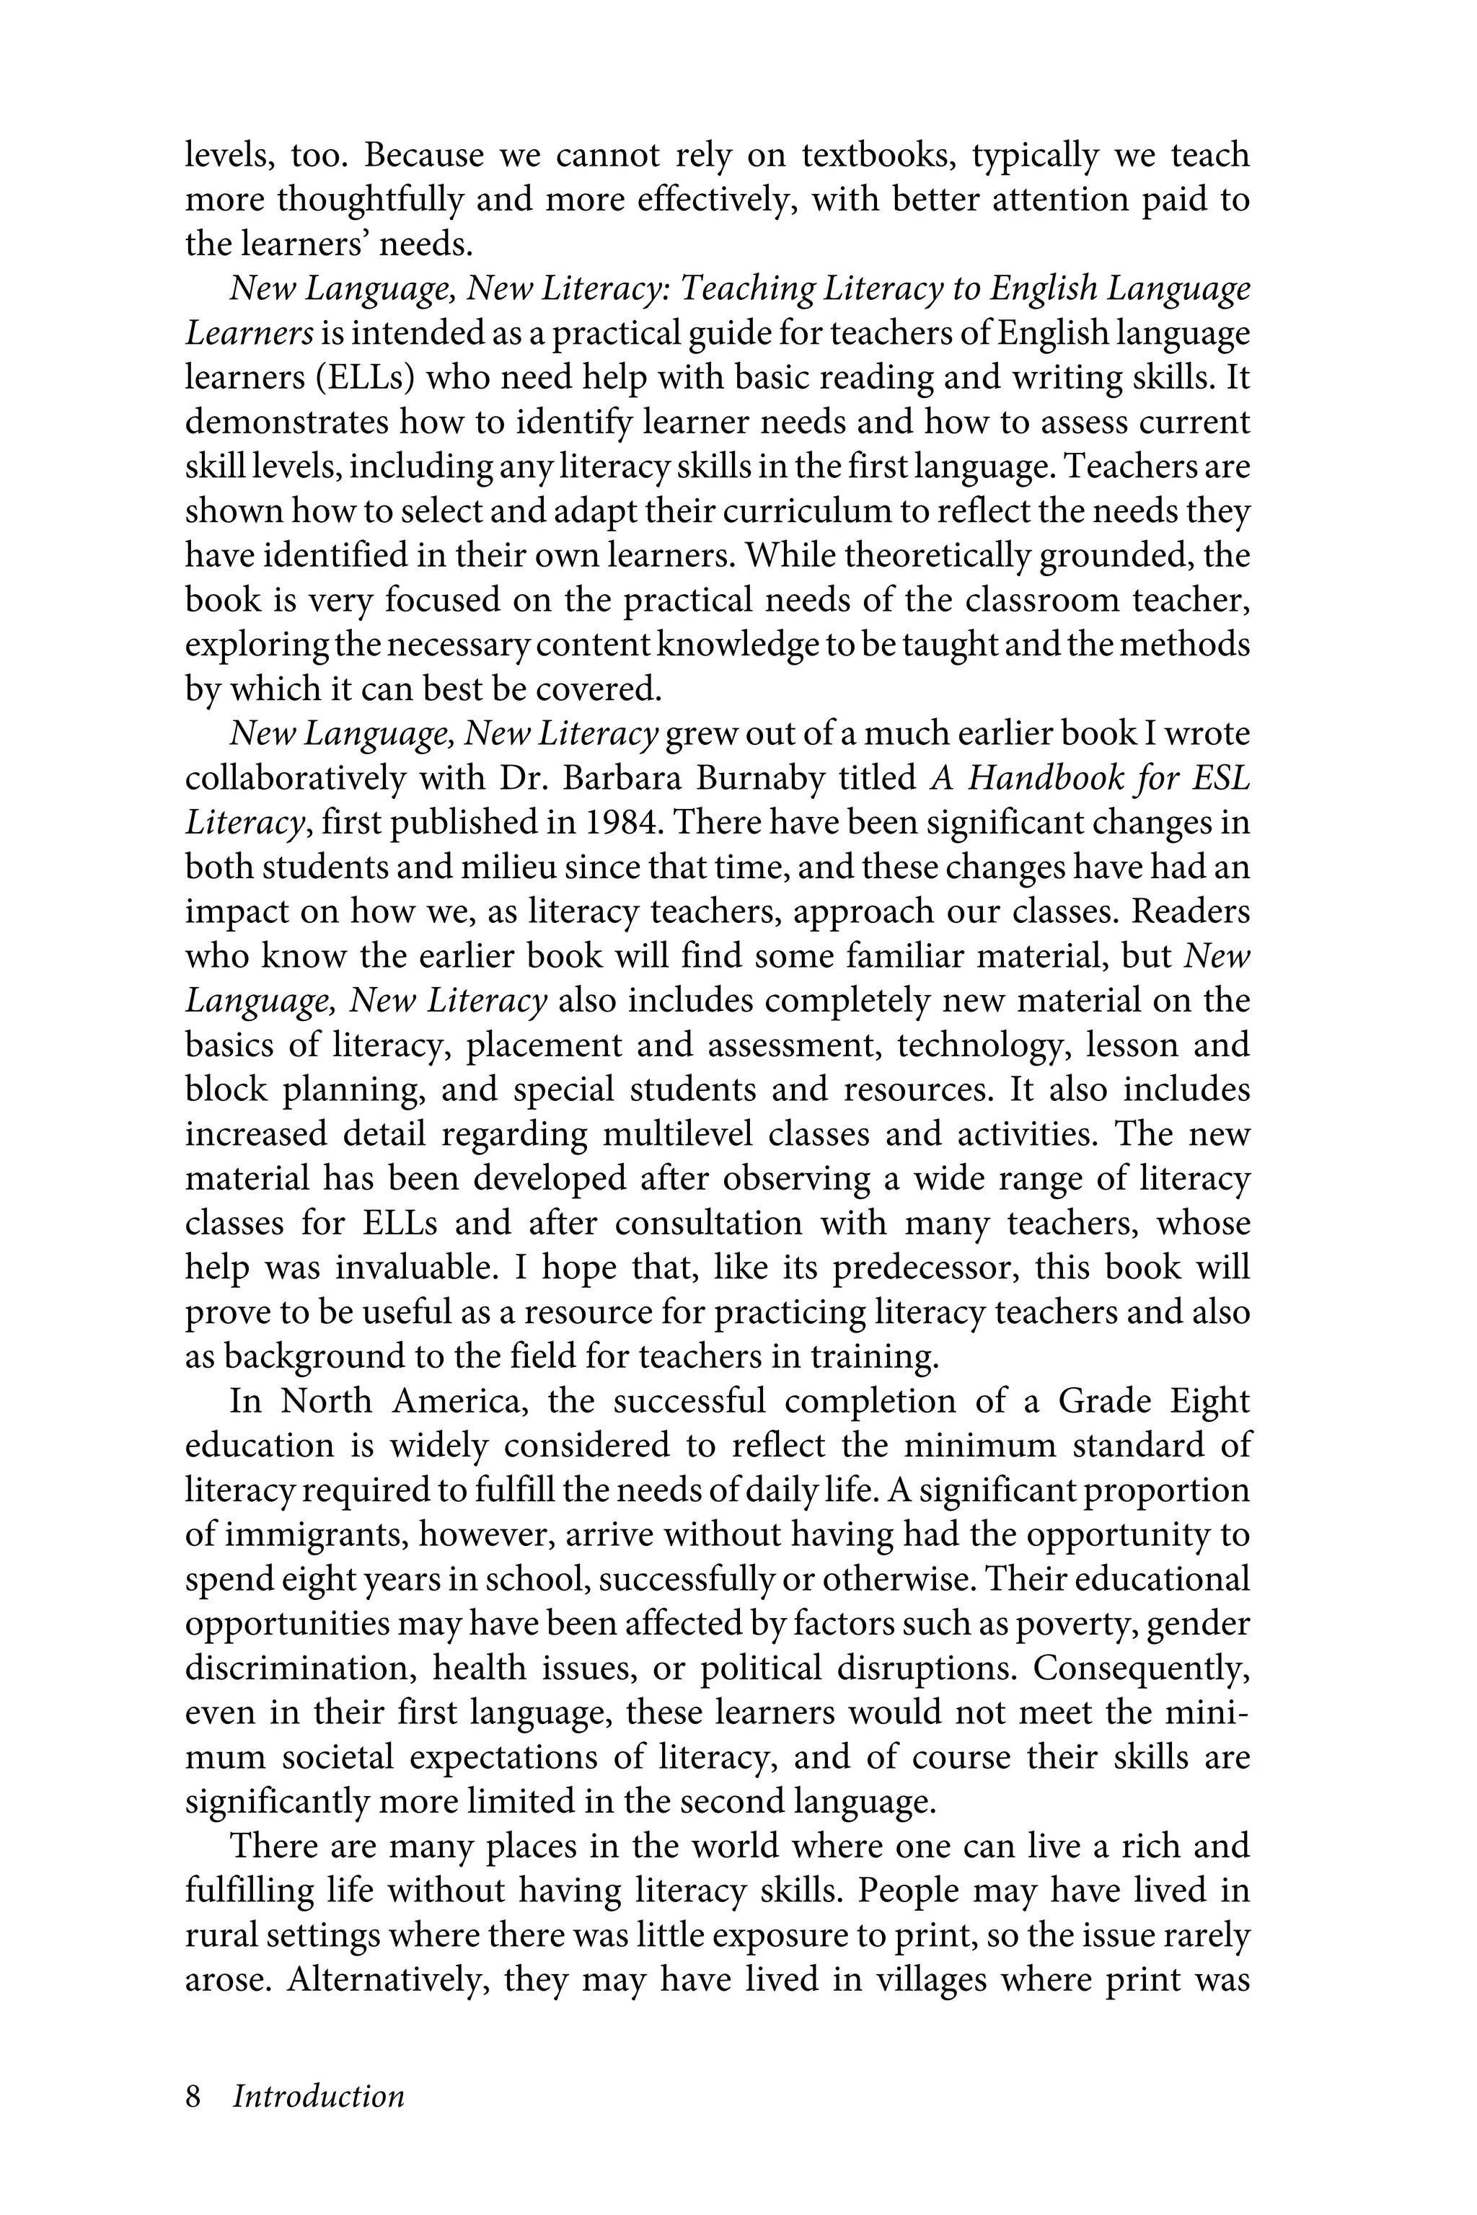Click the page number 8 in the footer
pyautogui.click(x=193, y=2096)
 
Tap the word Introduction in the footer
pyautogui.click(x=318, y=2096)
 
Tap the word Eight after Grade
pyautogui.click(x=1209, y=1402)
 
